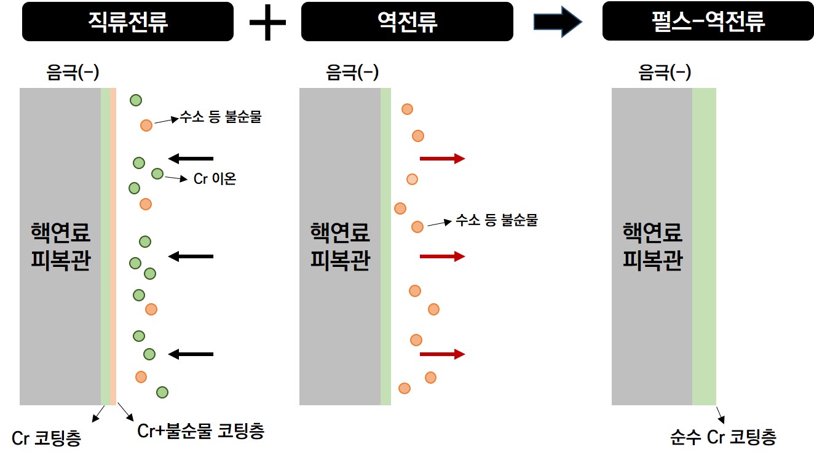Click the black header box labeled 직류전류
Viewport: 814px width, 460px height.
click(x=127, y=22)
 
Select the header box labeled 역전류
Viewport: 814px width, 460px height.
click(x=407, y=22)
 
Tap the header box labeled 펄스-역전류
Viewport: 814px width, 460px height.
click(x=708, y=21)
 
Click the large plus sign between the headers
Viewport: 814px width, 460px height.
click(x=267, y=22)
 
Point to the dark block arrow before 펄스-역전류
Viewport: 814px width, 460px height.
click(x=558, y=22)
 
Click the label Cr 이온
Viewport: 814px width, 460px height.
click(x=215, y=178)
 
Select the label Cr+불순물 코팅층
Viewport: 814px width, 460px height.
click(x=200, y=431)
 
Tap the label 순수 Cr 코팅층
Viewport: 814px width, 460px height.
click(x=723, y=437)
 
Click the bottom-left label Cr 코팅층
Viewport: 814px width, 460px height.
click(x=46, y=438)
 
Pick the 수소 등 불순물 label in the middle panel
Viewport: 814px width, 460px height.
click(x=496, y=220)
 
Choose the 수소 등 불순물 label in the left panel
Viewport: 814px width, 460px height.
click(x=221, y=117)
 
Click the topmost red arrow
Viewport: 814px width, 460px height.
click(x=443, y=159)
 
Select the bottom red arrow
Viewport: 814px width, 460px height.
click(x=443, y=354)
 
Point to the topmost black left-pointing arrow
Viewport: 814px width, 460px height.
click(x=191, y=159)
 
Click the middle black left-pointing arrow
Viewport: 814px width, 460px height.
click(x=191, y=256)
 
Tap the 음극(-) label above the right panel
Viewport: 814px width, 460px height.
click(x=665, y=72)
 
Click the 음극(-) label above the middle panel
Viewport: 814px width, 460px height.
click(x=352, y=72)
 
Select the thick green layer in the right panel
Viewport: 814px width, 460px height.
click(x=704, y=247)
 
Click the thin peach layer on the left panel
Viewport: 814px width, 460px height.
click(x=113, y=247)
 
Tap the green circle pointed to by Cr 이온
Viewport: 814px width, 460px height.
click(x=157, y=174)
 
